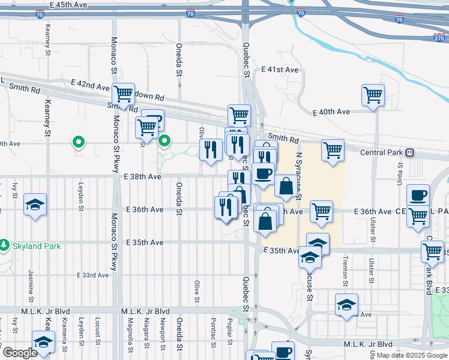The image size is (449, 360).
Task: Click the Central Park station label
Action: pyautogui.click(x=381, y=152)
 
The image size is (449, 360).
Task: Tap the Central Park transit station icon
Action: pyautogui.click(x=410, y=152)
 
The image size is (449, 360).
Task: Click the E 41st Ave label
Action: pyautogui.click(x=280, y=70)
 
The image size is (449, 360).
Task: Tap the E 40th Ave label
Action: pyautogui.click(x=331, y=112)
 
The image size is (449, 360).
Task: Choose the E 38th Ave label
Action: pyautogui.click(x=143, y=177)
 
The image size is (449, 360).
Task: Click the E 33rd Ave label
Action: pyautogui.click(x=93, y=275)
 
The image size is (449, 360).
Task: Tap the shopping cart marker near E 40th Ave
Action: pyautogui.click(x=373, y=94)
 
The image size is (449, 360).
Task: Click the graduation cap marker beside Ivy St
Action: pyautogui.click(x=35, y=205)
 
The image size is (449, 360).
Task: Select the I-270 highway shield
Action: pyautogui.click(x=441, y=37)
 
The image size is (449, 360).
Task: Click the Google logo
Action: pyautogui.click(x=20, y=353)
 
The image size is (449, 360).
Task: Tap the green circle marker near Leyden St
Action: pyautogui.click(x=77, y=142)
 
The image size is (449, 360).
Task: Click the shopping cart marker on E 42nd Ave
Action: pyautogui.click(x=123, y=92)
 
